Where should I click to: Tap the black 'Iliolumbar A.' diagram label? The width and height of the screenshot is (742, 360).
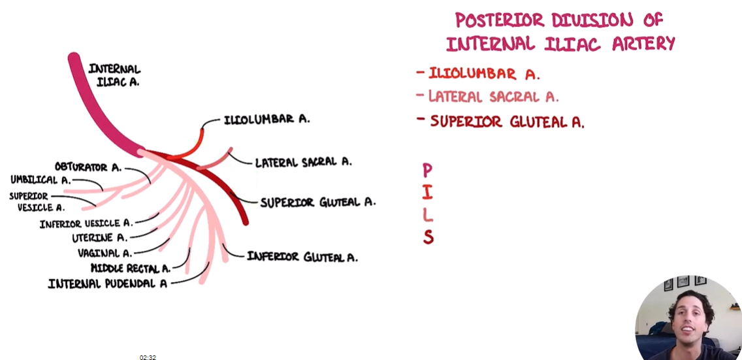tap(266, 120)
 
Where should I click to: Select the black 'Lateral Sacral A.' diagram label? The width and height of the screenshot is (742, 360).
tap(303, 162)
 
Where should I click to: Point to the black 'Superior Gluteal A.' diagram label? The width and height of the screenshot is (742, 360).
tap(317, 203)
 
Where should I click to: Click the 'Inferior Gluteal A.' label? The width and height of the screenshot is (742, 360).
tap(302, 257)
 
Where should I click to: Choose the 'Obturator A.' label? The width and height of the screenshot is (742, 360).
tap(88, 167)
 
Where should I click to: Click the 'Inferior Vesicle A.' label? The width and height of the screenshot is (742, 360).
tap(86, 223)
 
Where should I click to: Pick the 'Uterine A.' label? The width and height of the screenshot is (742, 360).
tap(101, 238)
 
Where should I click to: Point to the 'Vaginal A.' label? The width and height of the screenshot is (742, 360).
tap(105, 253)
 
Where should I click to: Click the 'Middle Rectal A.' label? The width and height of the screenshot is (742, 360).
tap(131, 268)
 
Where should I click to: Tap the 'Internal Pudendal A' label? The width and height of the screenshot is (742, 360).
tap(108, 284)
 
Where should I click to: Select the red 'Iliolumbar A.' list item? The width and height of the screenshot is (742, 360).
tap(484, 73)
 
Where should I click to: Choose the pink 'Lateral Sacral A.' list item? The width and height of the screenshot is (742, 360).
tap(493, 97)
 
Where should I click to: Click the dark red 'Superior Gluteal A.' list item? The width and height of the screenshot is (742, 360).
tap(507, 122)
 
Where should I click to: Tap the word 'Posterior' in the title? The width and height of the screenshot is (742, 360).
tap(500, 20)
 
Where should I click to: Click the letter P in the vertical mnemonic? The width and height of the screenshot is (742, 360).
tap(427, 171)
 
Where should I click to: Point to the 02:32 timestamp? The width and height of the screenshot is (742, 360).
tap(148, 357)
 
